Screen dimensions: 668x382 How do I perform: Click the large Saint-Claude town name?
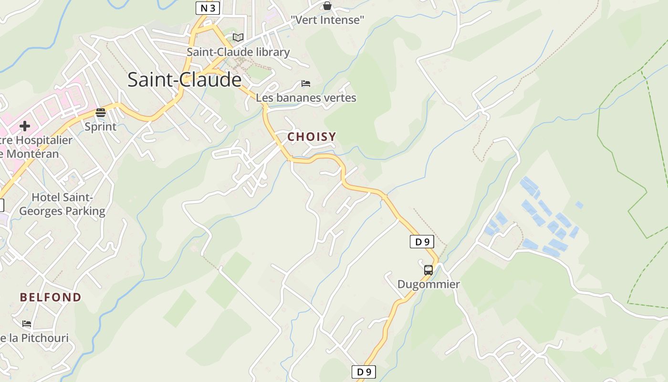click(x=184, y=79)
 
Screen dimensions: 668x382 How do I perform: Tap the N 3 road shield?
click(x=208, y=8)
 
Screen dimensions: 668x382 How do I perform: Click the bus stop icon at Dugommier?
click(x=428, y=270)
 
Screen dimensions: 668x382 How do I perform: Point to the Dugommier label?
click(x=428, y=284)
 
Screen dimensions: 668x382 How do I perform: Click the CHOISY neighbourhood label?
click(x=312, y=137)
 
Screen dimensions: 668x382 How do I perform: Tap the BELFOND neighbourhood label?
click(x=51, y=297)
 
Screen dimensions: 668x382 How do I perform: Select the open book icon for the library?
click(x=238, y=37)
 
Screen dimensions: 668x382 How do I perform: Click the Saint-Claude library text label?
click(x=238, y=52)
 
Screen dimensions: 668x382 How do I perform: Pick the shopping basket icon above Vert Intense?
click(x=327, y=6)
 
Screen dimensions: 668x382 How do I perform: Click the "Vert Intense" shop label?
click(x=327, y=20)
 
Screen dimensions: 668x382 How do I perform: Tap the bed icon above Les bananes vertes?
click(x=306, y=84)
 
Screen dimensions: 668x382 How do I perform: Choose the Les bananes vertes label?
click(x=306, y=98)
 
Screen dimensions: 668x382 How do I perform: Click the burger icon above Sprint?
click(x=100, y=113)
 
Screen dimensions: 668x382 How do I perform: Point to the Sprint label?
click(x=100, y=127)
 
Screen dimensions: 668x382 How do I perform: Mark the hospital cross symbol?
click(x=25, y=126)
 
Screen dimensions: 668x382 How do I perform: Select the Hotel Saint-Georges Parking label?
click(x=62, y=204)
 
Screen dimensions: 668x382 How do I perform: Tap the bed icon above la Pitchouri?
click(x=27, y=324)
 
